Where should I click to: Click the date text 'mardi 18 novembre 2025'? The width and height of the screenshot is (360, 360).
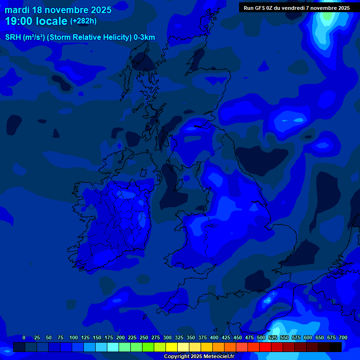coord(58,10)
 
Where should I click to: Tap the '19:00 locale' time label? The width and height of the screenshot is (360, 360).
coord(36,21)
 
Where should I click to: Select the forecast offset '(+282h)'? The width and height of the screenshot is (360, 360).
coord(83,21)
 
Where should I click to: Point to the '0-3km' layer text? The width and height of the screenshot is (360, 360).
coord(144,37)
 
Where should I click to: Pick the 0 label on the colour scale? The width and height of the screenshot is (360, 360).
coord(24,337)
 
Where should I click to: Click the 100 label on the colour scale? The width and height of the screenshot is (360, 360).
coord(73,337)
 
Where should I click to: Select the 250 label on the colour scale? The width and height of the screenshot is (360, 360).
coord(144,337)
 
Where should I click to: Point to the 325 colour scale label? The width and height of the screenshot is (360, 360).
coord(179,337)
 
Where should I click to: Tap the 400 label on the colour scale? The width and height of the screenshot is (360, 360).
coord(214,337)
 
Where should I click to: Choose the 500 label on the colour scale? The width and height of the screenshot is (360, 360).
coord(261,337)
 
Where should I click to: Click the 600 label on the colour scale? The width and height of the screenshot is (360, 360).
coord(308,337)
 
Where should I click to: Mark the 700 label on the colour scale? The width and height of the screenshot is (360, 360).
coord(343,337)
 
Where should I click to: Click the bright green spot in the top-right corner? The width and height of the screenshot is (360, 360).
coord(328,15)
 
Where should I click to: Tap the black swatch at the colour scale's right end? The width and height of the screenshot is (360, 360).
coord(335,347)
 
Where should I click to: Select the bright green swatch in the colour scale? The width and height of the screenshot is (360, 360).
coord(148,347)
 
